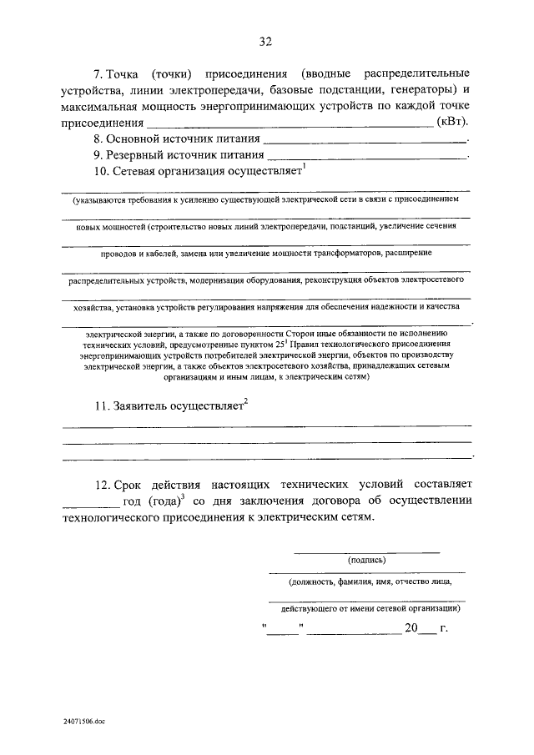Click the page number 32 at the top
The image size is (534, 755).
pyautogui.click(x=266, y=41)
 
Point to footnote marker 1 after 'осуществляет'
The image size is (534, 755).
pyautogui.click(x=305, y=167)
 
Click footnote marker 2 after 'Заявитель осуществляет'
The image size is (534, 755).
pyautogui.click(x=246, y=401)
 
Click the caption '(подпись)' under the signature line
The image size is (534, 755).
pyautogui.click(x=366, y=560)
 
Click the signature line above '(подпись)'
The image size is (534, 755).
pyautogui.click(x=366, y=551)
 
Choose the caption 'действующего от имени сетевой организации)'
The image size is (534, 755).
pyautogui.click(x=366, y=608)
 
